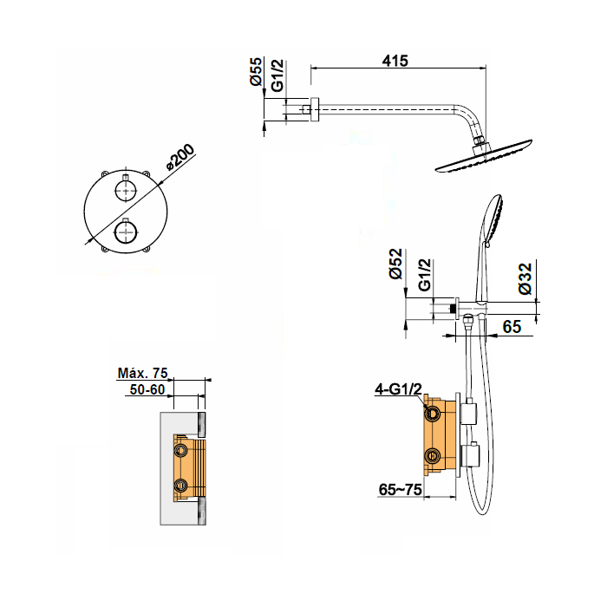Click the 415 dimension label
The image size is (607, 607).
[395, 61]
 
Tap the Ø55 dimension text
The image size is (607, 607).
[256, 72]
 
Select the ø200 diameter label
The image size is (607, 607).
[179, 157]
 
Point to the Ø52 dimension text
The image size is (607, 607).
[396, 264]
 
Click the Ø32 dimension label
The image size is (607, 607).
[525, 278]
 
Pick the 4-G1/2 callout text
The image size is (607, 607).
[398, 389]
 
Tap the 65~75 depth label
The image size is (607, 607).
[400, 490]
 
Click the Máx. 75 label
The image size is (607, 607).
[142, 373]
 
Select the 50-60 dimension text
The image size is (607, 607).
[147, 389]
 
